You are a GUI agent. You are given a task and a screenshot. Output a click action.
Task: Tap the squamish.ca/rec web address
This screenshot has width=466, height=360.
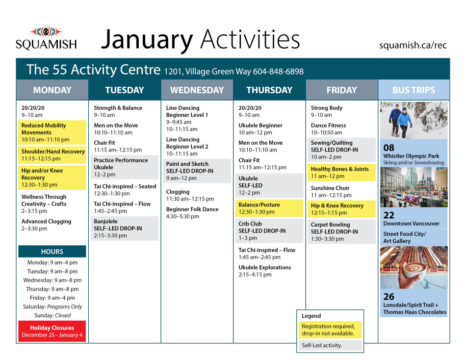413,45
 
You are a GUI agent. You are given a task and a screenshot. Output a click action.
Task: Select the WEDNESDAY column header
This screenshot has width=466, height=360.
197,90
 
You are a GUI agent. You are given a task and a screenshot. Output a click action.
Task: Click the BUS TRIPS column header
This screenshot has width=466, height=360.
414,90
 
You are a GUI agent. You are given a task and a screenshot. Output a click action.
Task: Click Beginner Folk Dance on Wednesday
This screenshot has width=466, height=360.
192,213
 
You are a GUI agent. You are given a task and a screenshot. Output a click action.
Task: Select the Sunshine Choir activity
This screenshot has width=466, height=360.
331,191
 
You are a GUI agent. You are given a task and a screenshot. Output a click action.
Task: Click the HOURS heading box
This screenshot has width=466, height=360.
52,252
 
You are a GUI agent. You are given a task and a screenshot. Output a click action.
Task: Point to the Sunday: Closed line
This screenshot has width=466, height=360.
52,315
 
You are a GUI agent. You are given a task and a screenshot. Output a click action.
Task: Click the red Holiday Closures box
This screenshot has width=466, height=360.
52,332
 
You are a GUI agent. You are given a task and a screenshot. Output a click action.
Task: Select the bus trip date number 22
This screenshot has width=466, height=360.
389,215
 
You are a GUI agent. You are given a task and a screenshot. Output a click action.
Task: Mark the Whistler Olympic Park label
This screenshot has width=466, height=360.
411,156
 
